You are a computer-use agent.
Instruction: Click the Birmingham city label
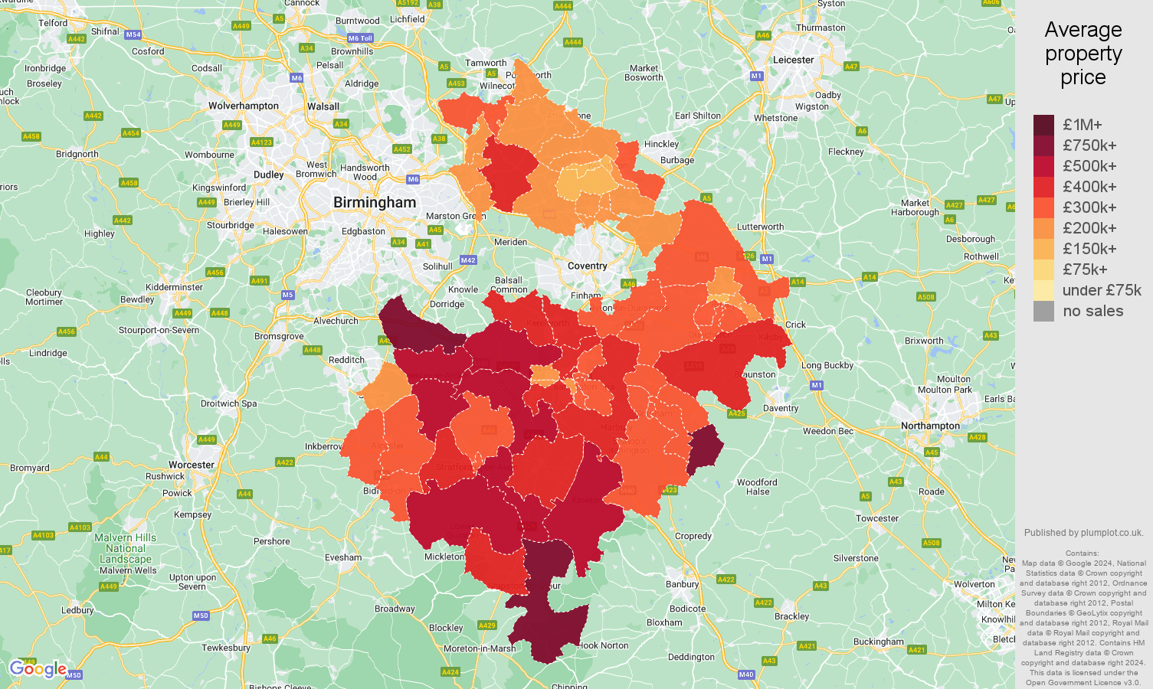point(375,203)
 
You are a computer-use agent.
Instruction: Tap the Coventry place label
point(588,266)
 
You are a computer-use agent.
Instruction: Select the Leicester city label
point(793,60)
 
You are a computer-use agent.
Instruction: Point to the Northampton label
point(930,426)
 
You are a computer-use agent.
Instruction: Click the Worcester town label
point(192,465)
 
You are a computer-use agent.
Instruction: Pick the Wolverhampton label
point(244,106)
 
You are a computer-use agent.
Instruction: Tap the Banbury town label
point(682,584)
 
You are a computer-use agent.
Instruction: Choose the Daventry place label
point(781,408)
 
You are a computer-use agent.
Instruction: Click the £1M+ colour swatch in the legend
point(1043,125)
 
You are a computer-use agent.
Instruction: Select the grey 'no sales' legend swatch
point(1043,311)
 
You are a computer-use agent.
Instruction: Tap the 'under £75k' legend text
point(1102,290)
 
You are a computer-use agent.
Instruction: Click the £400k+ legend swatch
point(1043,187)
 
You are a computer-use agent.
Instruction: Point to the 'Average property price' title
point(1083,54)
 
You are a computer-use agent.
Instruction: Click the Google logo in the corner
point(38,669)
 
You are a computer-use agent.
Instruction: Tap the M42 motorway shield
point(468,260)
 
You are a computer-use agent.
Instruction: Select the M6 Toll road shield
point(359,38)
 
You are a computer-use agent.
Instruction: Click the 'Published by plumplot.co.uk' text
point(1083,533)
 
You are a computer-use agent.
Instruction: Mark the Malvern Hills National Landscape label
point(126,548)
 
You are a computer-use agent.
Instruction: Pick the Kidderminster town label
point(175,287)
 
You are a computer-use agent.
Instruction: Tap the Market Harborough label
point(915,207)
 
